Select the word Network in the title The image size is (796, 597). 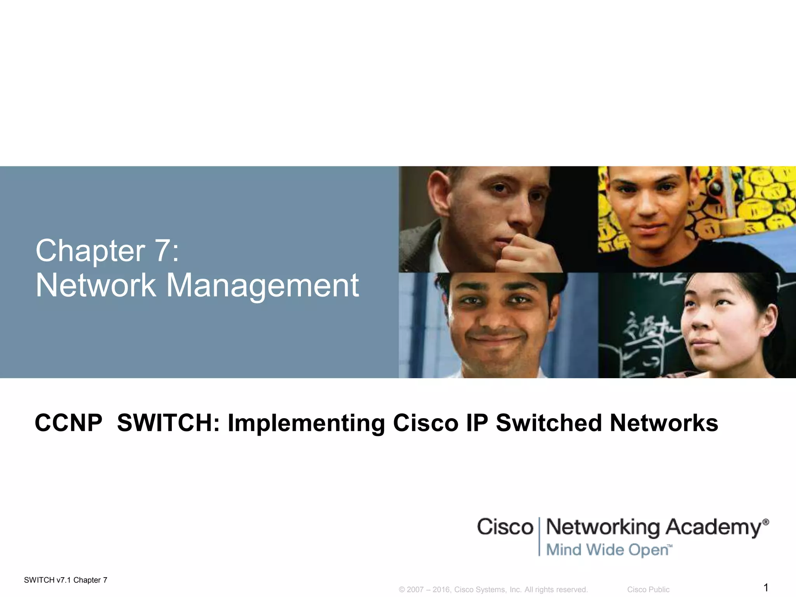pos(96,285)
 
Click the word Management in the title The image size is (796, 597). pos(262,286)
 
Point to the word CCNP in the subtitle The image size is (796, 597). pos(68,423)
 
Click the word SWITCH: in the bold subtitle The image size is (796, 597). pos(168,423)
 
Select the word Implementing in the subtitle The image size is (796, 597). pos(306,424)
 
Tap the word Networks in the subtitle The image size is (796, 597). pos(664,423)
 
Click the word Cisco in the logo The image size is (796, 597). pos(505,527)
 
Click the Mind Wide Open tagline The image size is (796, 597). pos(609,550)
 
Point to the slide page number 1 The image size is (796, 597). pos(766,587)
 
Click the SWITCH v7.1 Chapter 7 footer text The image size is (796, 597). pos(66,580)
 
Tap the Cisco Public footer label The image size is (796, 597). pos(648,590)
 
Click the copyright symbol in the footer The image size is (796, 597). pos(402,590)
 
